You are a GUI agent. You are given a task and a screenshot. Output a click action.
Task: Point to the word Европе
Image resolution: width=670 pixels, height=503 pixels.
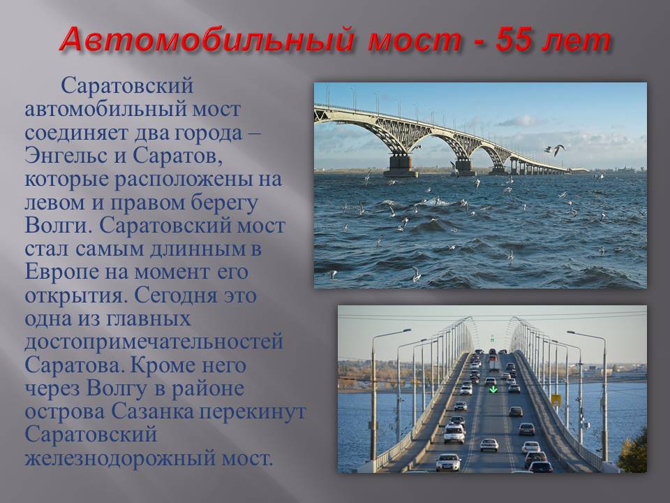pos(61,272)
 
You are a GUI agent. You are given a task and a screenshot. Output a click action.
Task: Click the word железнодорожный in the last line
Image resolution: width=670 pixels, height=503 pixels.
pos(120,458)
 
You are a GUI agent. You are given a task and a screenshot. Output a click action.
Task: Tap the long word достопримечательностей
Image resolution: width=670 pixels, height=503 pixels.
pos(154,342)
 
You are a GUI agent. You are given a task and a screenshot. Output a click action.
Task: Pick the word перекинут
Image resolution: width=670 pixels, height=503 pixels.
pos(253,411)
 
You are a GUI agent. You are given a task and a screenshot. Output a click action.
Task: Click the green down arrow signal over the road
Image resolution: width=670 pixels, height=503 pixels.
pos(493,389)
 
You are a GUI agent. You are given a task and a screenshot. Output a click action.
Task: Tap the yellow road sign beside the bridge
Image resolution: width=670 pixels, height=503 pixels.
pos(556,401)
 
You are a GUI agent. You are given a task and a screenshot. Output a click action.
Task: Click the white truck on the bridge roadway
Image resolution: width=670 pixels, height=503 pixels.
pos(494,365)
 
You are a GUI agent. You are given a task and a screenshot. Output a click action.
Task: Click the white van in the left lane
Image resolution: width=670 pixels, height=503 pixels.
pos(454,434)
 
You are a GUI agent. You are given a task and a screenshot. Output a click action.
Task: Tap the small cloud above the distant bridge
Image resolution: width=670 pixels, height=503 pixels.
pos(516,121)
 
